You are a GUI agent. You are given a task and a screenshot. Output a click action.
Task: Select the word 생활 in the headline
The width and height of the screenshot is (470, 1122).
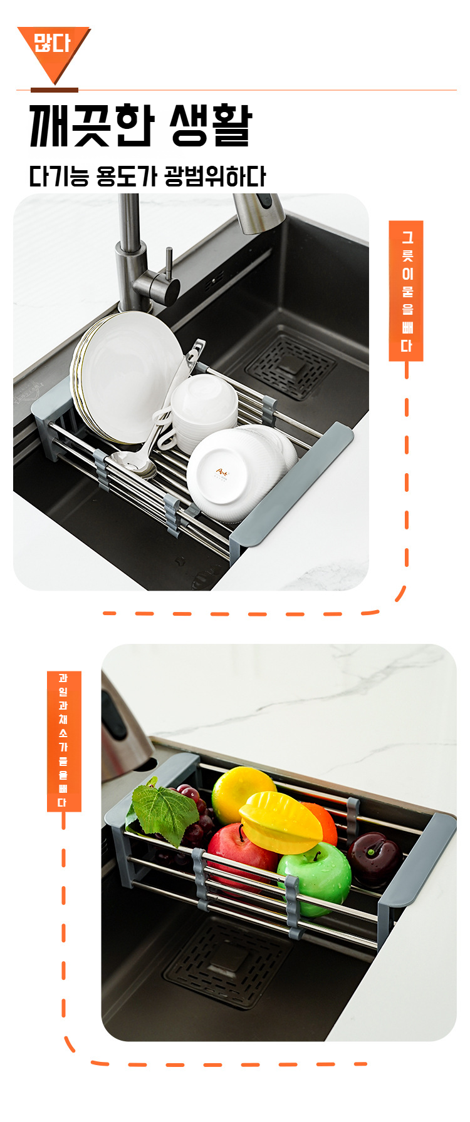[x=211, y=125]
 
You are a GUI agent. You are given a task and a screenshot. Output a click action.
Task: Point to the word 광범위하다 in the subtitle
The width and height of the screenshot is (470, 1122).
[x=216, y=176]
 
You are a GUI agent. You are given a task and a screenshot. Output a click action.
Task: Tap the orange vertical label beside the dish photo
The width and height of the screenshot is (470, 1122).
[x=406, y=291]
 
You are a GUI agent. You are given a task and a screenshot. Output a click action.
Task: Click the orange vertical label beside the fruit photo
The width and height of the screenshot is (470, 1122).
[x=64, y=741]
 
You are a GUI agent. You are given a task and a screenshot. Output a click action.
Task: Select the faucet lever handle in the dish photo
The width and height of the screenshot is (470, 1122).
[x=168, y=268]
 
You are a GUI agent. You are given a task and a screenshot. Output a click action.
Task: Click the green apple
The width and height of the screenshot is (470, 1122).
[x=315, y=877]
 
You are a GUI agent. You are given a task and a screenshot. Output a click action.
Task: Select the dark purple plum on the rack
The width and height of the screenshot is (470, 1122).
[x=374, y=858]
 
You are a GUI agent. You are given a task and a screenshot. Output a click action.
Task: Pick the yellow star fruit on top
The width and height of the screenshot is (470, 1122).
[x=281, y=822]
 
